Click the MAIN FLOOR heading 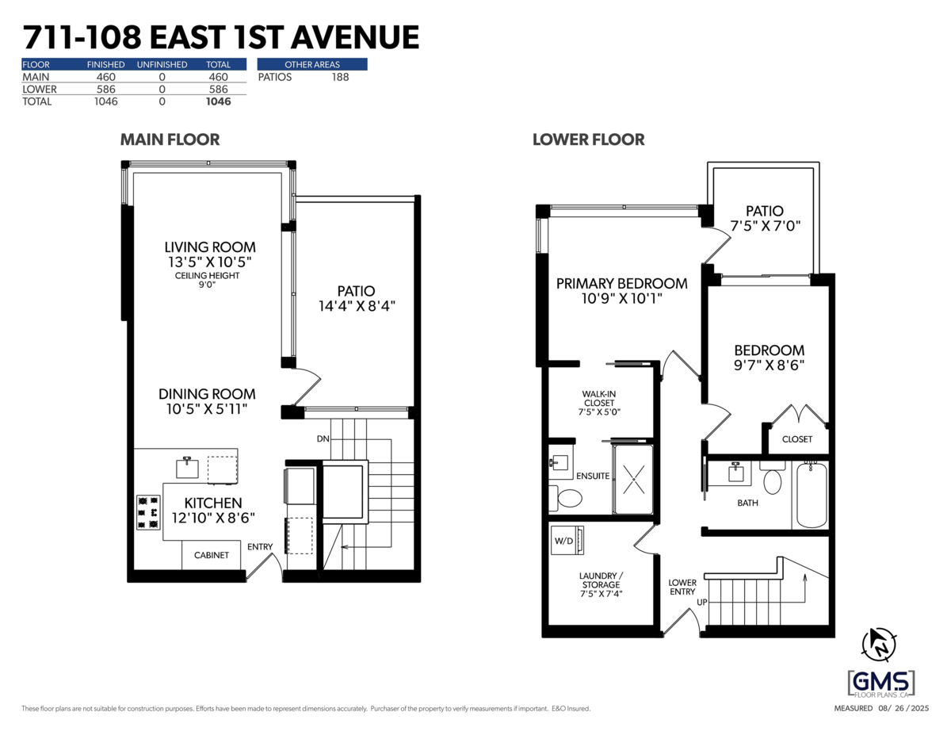[x=170, y=140]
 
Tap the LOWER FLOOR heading [x=588, y=140]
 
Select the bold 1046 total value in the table [x=218, y=101]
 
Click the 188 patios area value [x=340, y=77]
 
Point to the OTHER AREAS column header [x=312, y=64]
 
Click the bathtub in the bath [x=811, y=495]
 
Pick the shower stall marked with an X [x=632, y=479]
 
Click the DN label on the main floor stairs [x=323, y=438]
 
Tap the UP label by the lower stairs [x=701, y=603]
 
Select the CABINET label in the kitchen [x=212, y=555]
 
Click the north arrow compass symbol [x=881, y=644]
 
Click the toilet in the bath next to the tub [x=772, y=480]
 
